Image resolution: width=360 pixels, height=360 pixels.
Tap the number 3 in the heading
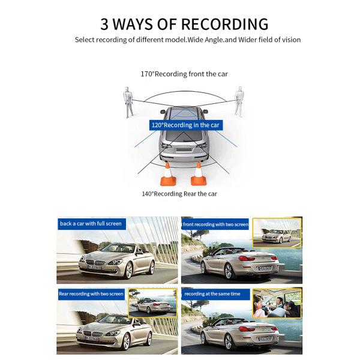click(x=105, y=24)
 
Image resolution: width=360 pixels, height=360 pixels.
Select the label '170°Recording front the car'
click(x=184, y=74)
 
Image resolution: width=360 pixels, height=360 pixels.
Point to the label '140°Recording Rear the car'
click(x=179, y=194)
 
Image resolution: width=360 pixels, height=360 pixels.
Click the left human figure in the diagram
click(x=128, y=101)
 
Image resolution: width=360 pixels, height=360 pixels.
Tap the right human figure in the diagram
click(x=239, y=101)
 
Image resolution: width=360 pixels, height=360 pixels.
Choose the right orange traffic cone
click(x=197, y=173)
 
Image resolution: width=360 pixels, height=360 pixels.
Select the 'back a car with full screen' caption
click(x=91, y=224)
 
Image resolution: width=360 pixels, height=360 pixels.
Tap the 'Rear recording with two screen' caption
click(x=91, y=294)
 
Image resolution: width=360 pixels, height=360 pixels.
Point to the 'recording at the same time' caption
click(x=212, y=294)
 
